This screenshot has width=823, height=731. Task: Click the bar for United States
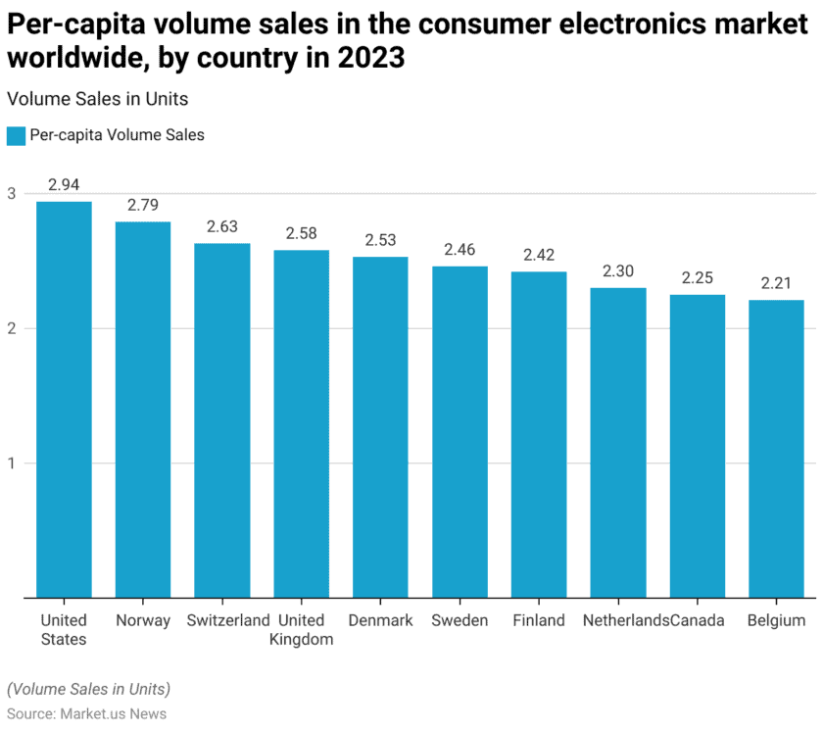[64, 399]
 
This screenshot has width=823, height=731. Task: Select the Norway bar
[143, 409]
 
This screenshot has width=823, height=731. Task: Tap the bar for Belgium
[776, 448]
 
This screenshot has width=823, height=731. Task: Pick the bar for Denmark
[380, 426]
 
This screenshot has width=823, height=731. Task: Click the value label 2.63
[222, 226]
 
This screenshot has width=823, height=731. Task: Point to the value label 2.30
[618, 271]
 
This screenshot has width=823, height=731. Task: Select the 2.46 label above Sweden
[460, 250]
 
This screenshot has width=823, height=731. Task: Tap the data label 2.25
[698, 278]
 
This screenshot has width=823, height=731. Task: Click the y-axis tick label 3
[11, 193]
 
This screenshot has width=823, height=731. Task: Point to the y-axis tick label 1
[11, 463]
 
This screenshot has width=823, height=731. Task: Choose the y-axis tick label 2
[11, 328]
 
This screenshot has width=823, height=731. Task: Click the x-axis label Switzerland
[229, 620]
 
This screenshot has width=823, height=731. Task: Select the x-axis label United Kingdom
[301, 630]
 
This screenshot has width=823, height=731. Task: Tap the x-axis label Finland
[539, 620]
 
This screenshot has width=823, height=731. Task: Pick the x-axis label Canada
[699, 620]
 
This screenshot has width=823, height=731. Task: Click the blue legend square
[15, 136]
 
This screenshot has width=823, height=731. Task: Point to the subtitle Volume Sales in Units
[97, 99]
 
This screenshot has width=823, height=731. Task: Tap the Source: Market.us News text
[86, 713]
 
